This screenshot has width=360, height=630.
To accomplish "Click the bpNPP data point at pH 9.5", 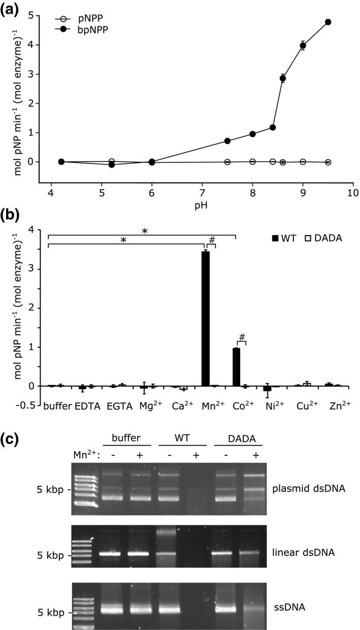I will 328,22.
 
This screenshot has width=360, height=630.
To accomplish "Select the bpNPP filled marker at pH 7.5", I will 227,141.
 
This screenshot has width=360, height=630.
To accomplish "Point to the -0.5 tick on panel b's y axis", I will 32,405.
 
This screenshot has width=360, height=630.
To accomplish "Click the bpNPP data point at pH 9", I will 303,46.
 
